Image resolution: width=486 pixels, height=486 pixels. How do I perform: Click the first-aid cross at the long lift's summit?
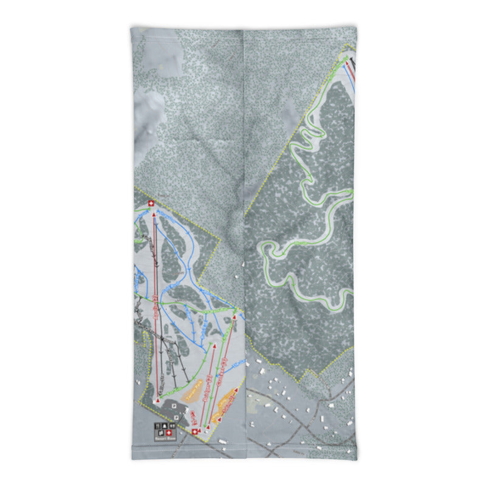point(151,204)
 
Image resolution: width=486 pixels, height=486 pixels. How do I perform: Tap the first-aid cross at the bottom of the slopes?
point(196,431)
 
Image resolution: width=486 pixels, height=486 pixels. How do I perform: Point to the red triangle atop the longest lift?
point(154,214)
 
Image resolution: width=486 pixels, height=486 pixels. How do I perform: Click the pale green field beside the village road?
point(258,402)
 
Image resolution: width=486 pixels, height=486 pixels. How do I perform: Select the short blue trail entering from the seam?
point(239,363)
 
